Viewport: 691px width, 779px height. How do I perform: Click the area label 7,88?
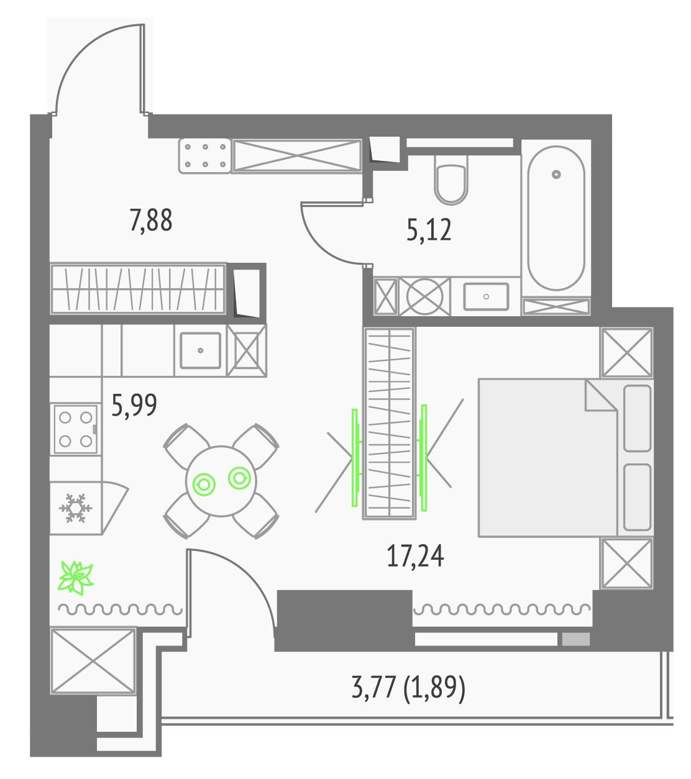click(151, 221)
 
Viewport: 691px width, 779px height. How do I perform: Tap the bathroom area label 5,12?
click(429, 230)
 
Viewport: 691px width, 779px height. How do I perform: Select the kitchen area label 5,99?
click(134, 405)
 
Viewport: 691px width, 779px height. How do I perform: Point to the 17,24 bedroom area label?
click(415, 557)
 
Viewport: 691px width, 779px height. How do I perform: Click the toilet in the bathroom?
click(451, 180)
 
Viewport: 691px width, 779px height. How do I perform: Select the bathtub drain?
click(556, 174)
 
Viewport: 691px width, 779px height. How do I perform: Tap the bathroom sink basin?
click(486, 296)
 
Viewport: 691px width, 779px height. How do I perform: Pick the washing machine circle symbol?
click(425, 296)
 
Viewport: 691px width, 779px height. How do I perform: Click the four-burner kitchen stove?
click(76, 429)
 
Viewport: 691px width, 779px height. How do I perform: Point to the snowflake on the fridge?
click(75, 508)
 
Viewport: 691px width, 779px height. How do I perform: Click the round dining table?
click(221, 481)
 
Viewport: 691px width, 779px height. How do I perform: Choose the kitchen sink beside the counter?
click(201, 350)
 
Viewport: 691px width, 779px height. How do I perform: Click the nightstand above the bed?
click(627, 353)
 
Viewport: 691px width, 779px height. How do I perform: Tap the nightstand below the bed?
click(627, 563)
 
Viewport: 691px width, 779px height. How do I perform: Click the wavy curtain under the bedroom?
click(501, 609)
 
